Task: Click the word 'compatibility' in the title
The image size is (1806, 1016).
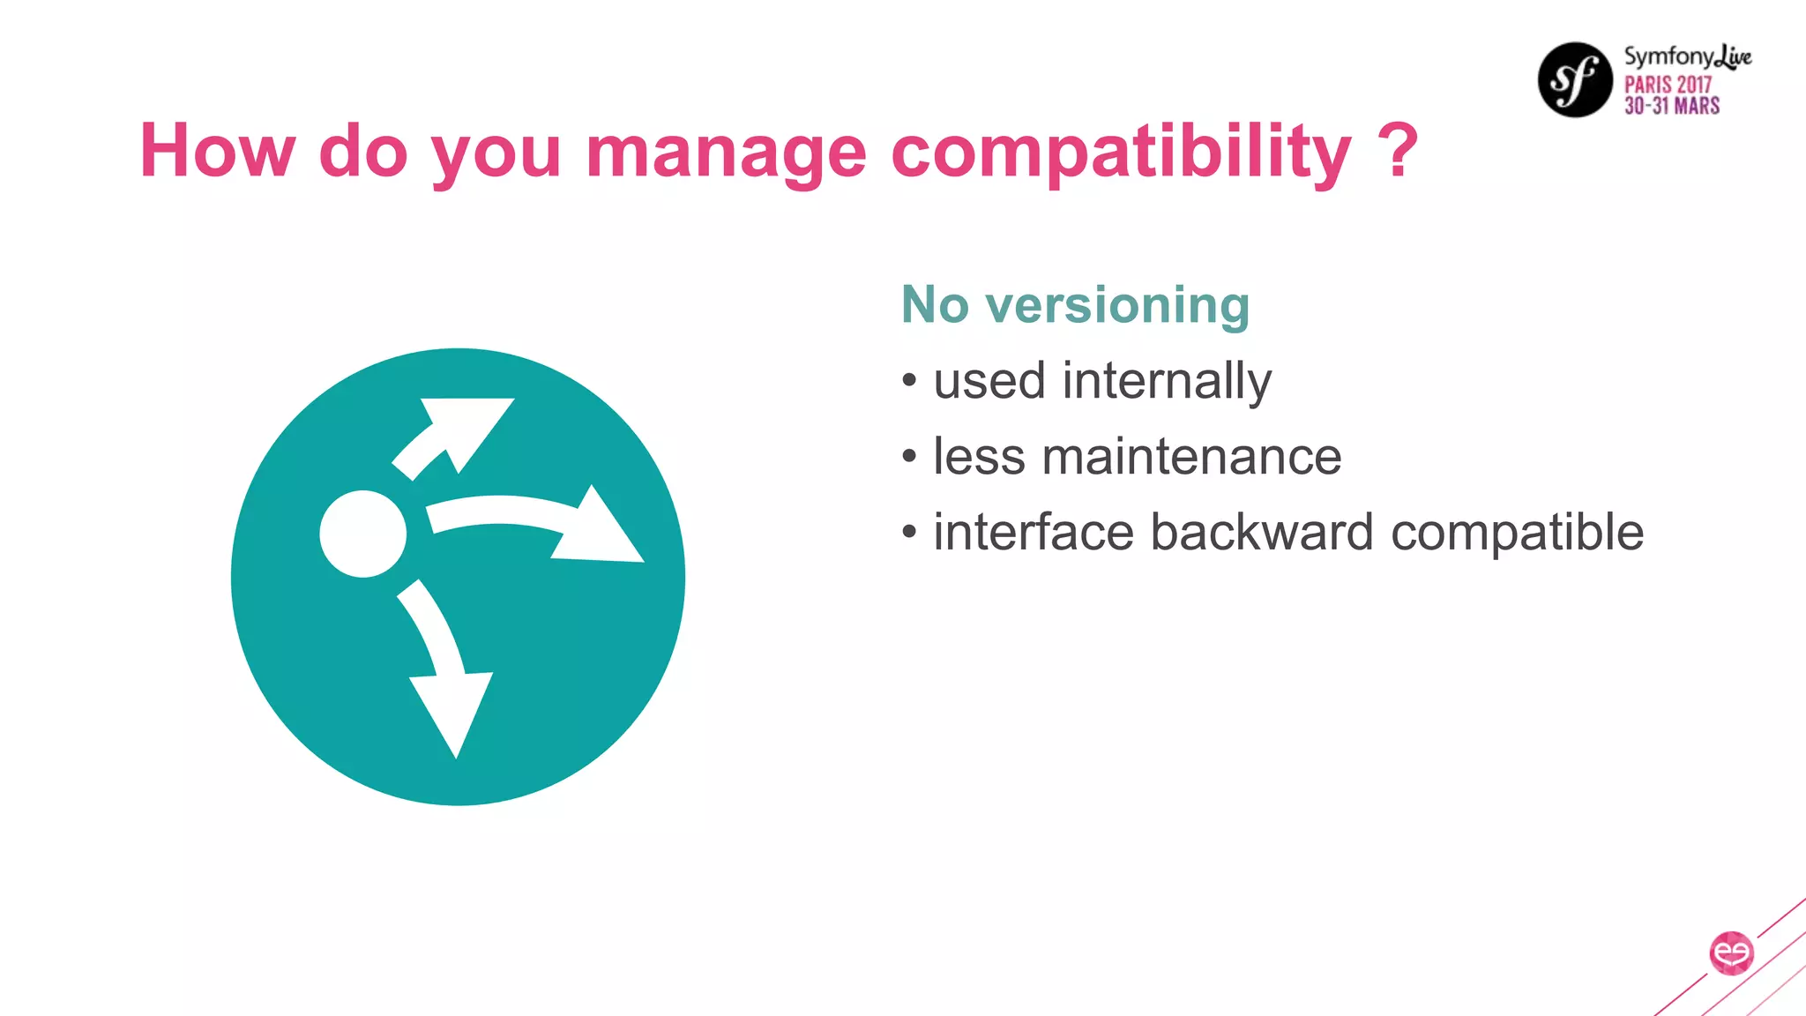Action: (1120, 152)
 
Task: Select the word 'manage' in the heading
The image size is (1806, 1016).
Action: (726, 152)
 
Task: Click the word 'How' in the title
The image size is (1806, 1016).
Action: (217, 150)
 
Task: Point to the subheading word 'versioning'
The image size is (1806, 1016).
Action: (1117, 306)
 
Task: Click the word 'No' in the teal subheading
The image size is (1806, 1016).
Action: (935, 305)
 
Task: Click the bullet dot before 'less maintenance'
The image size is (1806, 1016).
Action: (910, 457)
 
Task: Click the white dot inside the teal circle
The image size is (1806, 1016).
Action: (362, 534)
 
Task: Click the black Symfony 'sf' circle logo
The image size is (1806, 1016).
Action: (1575, 79)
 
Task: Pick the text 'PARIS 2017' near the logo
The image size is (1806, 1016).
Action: (1668, 85)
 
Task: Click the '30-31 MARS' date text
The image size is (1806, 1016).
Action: (1672, 107)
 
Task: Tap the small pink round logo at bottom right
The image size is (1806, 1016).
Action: (1731, 953)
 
